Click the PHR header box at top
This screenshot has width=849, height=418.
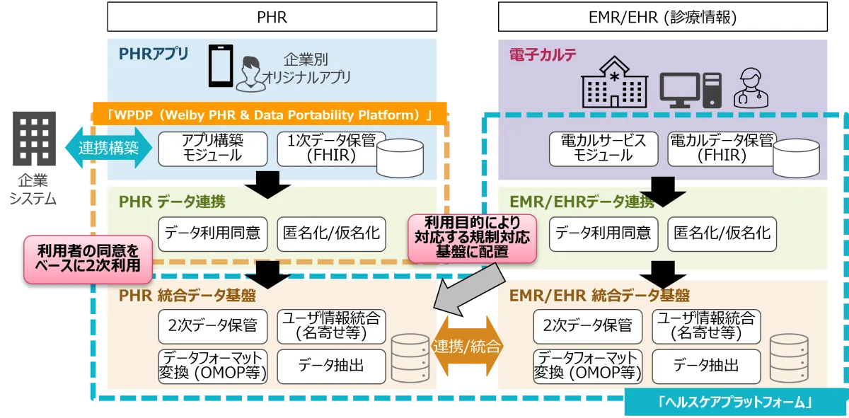click(x=272, y=17)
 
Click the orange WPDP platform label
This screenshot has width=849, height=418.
click(x=269, y=114)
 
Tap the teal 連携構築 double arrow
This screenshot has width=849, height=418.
click(x=108, y=148)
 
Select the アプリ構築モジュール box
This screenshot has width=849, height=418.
click(x=212, y=148)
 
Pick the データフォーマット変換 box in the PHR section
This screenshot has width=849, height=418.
click(x=212, y=366)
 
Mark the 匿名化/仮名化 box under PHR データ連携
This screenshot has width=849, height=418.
click(x=331, y=233)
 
